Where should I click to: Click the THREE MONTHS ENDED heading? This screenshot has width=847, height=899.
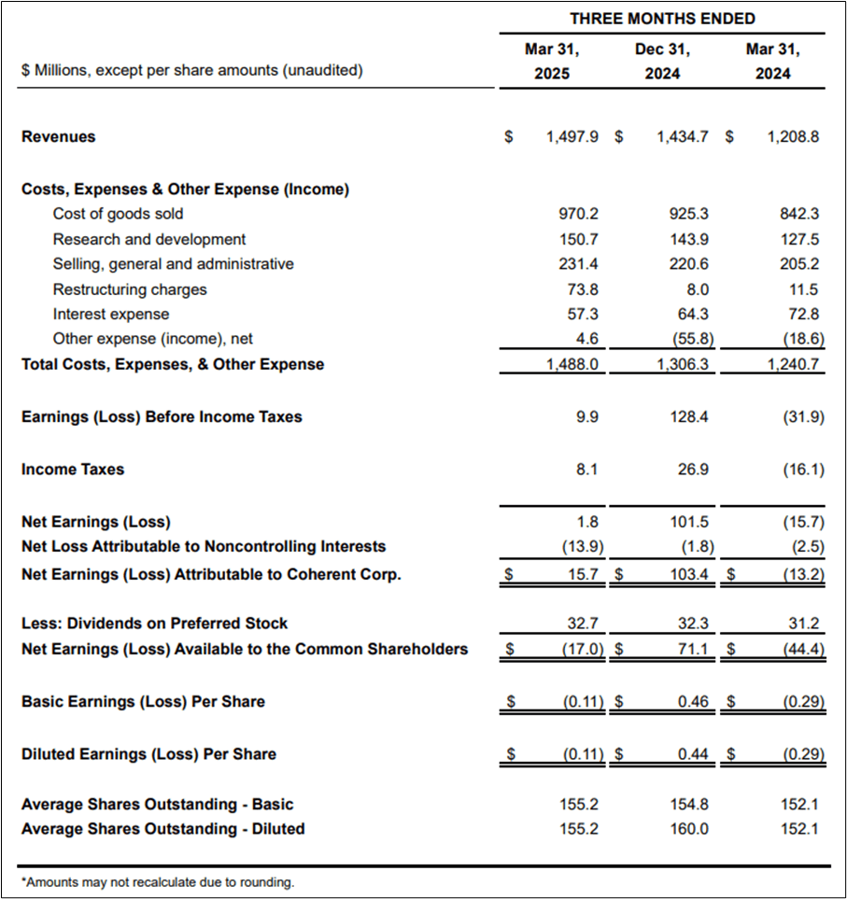(662, 19)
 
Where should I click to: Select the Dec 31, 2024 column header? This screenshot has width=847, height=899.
(662, 61)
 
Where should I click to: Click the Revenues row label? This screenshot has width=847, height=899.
(59, 136)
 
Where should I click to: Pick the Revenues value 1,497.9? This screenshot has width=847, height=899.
(572, 136)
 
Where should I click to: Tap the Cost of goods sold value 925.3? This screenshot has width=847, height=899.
(689, 214)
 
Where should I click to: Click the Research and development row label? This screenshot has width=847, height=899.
(149, 239)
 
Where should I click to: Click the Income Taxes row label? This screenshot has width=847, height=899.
(73, 470)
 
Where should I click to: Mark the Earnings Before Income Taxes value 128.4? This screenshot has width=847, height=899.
(689, 417)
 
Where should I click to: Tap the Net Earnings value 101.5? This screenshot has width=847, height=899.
(689, 522)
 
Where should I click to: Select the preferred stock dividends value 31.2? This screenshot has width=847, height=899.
(803, 623)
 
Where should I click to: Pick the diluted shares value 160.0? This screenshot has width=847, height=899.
(689, 829)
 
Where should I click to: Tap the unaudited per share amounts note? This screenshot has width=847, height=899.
(191, 70)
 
